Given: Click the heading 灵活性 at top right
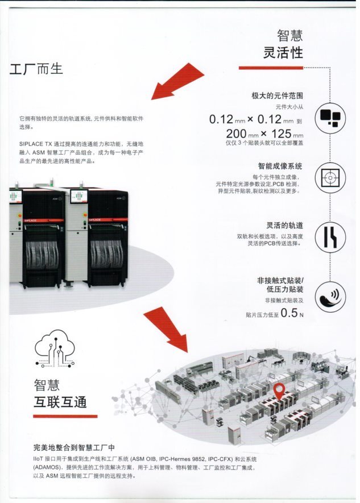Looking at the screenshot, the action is point(283,52).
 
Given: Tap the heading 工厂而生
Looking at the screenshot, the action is point(36,69).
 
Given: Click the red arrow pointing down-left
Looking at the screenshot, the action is point(177,81).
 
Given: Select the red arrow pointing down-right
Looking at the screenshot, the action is point(165,329).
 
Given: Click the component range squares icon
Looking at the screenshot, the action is point(330,118).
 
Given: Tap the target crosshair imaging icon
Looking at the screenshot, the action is point(330,178).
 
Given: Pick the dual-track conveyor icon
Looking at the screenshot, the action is point(330,238).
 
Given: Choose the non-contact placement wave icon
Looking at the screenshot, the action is point(330,297).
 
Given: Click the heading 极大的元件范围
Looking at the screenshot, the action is point(277,95).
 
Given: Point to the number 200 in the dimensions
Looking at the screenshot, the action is point(236,134).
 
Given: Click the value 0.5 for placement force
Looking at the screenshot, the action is point(289,313).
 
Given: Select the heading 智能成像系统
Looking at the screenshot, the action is point(280,166).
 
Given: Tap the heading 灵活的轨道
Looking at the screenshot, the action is point(284,225).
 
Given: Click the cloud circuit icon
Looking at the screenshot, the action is point(55,348).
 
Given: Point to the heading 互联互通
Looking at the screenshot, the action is point(60,402).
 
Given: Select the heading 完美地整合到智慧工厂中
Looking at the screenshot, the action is point(74,447).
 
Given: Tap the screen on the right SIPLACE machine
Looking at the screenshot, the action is point(79,196).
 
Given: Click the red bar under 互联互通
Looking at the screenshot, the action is point(65,417).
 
